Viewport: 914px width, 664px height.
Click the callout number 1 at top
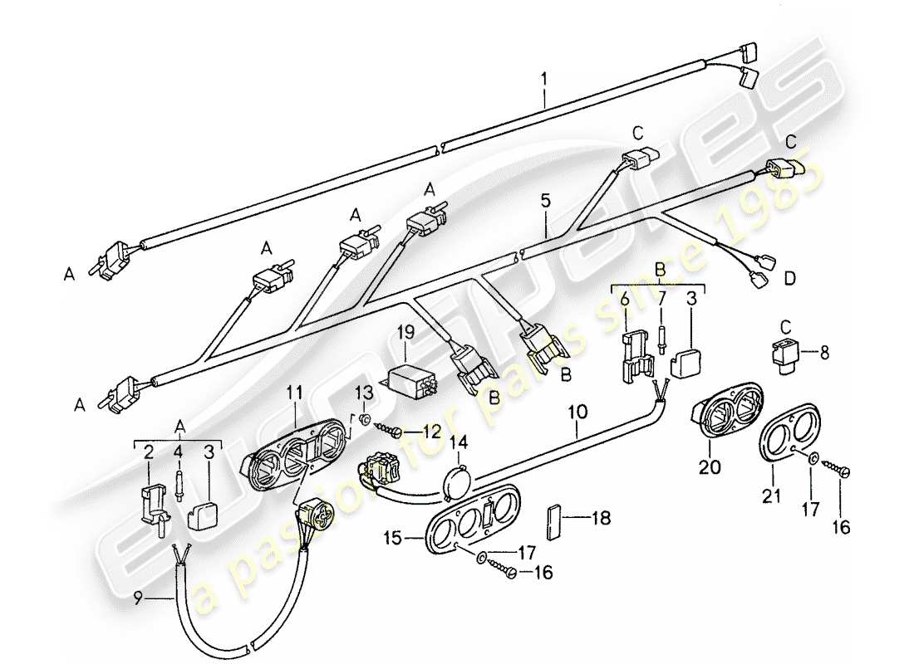(x=543, y=80)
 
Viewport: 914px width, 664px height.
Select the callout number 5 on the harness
(x=545, y=202)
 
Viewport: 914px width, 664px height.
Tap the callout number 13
(x=366, y=391)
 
